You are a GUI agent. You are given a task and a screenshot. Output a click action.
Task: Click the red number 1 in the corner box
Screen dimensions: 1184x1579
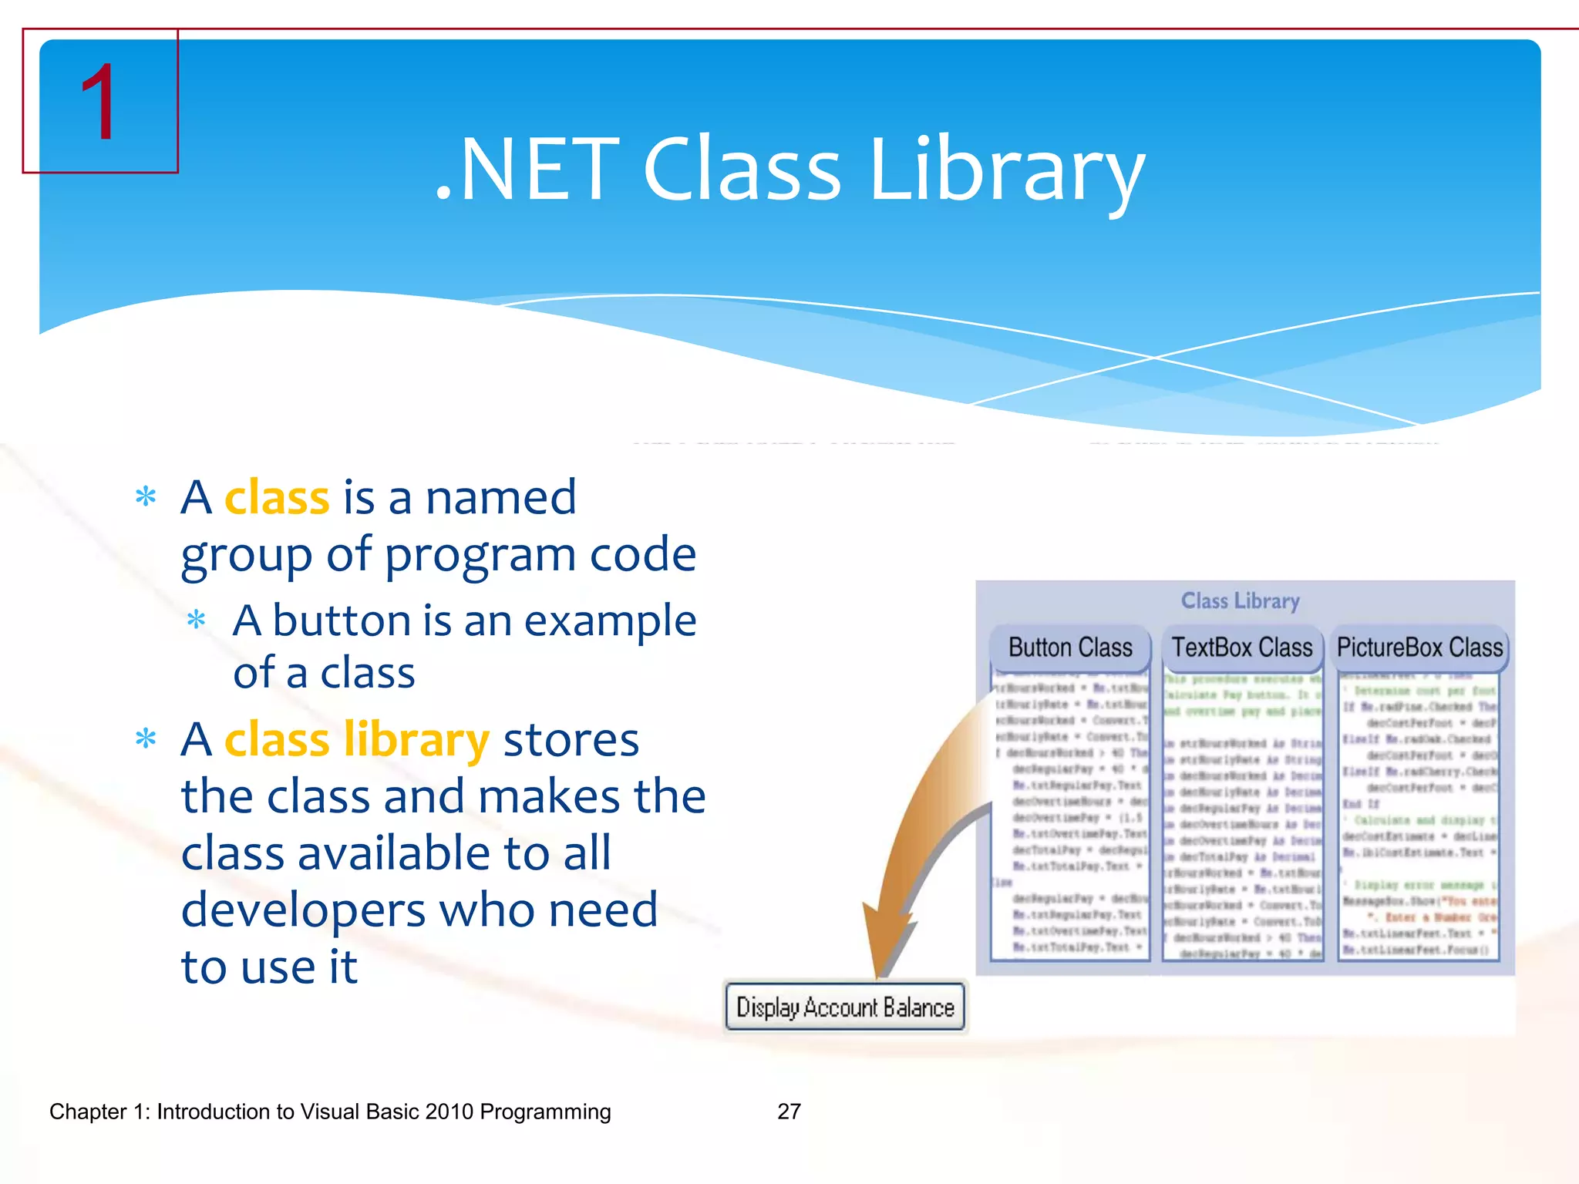click(x=99, y=103)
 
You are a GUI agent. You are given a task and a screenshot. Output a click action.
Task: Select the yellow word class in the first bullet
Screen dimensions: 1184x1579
click(x=277, y=498)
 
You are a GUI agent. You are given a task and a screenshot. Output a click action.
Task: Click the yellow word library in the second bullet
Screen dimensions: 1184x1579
click(x=416, y=740)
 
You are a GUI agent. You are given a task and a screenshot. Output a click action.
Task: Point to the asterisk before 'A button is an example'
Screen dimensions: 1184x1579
click(x=197, y=621)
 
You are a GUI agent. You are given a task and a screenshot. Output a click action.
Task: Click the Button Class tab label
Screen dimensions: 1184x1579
click(x=1070, y=647)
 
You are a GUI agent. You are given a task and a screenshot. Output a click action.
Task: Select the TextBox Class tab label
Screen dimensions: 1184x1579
click(x=1242, y=647)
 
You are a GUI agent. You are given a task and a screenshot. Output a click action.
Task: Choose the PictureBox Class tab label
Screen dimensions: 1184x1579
click(x=1419, y=647)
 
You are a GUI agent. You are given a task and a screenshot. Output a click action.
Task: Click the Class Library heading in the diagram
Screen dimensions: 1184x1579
click(x=1240, y=600)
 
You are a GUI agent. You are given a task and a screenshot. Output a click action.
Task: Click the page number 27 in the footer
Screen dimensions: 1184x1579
click(x=789, y=1112)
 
